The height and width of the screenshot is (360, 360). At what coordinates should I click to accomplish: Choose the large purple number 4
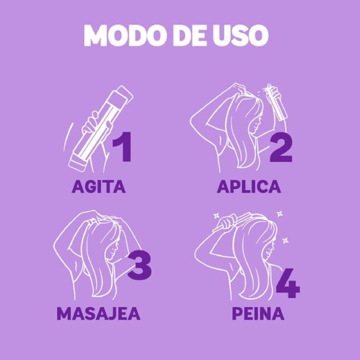click(288, 284)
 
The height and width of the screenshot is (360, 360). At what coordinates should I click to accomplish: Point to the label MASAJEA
click(98, 314)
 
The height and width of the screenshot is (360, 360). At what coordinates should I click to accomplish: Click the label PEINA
click(258, 314)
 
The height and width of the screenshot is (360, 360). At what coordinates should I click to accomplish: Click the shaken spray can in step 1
click(101, 126)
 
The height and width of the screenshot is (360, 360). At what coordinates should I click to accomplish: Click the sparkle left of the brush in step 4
click(216, 215)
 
